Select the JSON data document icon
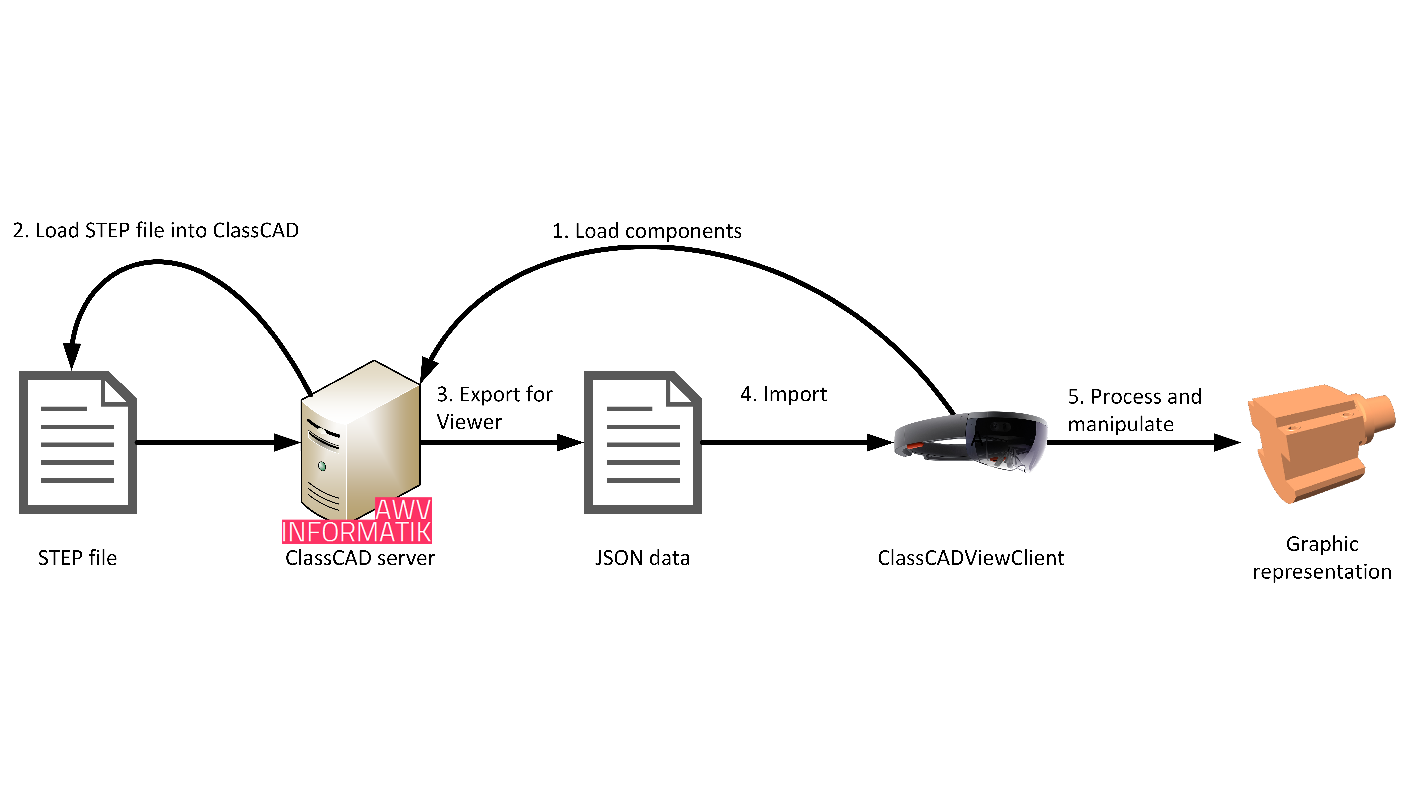pyautogui.click(x=643, y=442)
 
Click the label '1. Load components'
pyautogui.click(x=646, y=231)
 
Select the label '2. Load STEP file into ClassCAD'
pyautogui.click(x=156, y=230)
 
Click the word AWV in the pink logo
pyautogui.click(x=403, y=509)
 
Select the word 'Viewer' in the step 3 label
pyautogui.click(x=469, y=422)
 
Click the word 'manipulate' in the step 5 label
pyautogui.click(x=1120, y=424)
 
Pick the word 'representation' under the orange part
pyautogui.click(x=1322, y=572)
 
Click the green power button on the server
pyautogui.click(x=322, y=466)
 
